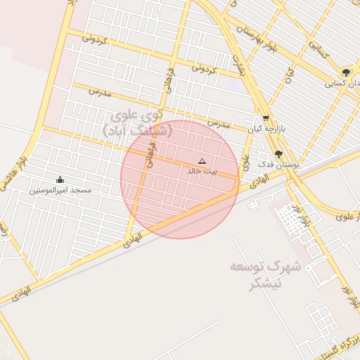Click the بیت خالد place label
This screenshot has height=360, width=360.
pyautogui.click(x=202, y=171)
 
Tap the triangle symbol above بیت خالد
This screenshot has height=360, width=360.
pyautogui.click(x=202, y=161)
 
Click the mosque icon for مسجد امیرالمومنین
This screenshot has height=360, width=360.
pyautogui.click(x=59, y=179)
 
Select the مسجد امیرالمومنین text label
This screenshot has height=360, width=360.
pyautogui.click(x=60, y=190)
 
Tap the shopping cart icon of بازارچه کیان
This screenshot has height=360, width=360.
pyautogui.click(x=265, y=118)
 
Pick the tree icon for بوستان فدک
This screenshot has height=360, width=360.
pyautogui.click(x=278, y=153)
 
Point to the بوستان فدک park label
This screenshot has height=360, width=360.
pyautogui.click(x=279, y=164)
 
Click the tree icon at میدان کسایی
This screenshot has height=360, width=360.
pyautogui.click(x=345, y=72)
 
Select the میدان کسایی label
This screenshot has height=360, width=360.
pyautogui.click(x=342, y=84)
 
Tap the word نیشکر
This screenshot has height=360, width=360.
pyautogui.click(x=266, y=283)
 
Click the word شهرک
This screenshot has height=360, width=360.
pyautogui.click(x=287, y=268)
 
